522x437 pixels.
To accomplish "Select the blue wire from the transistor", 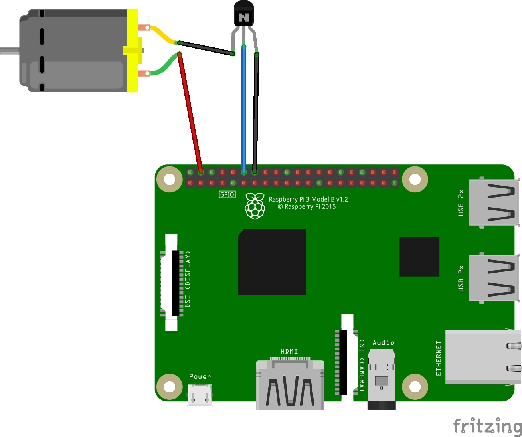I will click(244, 108).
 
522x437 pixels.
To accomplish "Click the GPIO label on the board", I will click(227, 194).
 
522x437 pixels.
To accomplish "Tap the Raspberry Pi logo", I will click(255, 206).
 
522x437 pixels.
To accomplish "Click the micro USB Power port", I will click(200, 395).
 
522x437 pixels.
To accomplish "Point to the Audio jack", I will click(382, 379).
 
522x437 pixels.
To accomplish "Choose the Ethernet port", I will click(483, 357).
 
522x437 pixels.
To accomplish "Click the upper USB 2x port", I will click(494, 203).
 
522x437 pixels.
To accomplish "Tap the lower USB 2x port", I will click(494, 278).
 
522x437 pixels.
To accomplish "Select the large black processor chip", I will click(272, 262).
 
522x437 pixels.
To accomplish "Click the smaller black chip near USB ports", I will click(419, 257).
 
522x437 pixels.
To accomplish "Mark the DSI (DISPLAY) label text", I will click(188, 279).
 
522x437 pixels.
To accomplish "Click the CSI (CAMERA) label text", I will click(362, 366).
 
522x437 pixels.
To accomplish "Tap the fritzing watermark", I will click(488, 426).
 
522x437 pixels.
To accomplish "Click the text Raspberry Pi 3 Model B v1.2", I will click(308, 199).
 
